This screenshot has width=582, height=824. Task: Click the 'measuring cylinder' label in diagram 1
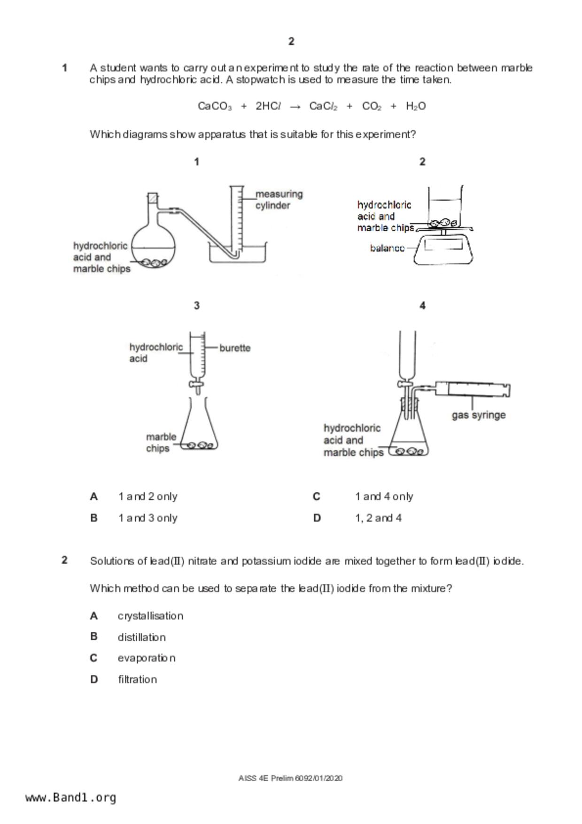coord(279,200)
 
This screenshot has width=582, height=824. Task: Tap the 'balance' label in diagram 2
coord(387,248)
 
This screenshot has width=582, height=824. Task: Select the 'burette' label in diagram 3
coord(235,348)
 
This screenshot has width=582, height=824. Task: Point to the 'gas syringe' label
coord(479,415)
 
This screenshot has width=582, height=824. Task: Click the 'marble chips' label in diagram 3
coord(161,443)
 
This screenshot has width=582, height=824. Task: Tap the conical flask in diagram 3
coord(199,428)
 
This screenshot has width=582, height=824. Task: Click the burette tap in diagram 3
coord(196,385)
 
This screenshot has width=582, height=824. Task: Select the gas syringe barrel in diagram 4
coord(474,389)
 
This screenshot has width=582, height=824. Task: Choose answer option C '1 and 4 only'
coord(384,497)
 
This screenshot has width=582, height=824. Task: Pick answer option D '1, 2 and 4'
coord(378,518)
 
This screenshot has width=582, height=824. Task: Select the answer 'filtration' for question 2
coord(137,679)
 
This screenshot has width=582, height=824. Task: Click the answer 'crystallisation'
coord(150,616)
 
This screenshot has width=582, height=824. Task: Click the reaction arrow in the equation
coord(295,107)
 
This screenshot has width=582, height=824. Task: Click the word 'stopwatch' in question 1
coord(260,80)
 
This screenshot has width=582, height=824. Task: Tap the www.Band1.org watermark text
coord(70,798)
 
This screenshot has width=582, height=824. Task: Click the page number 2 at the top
coord(291,41)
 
